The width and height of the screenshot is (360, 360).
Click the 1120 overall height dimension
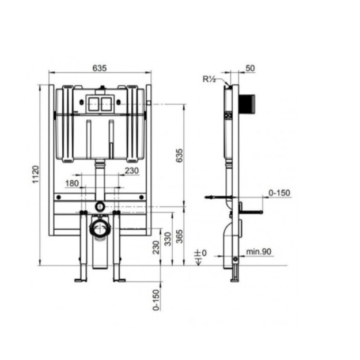36,175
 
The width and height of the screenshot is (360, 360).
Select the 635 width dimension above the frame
100,68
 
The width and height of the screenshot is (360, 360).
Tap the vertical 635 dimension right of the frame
179,156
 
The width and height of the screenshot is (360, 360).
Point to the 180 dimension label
72,183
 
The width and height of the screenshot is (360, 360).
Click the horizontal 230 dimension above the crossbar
132,171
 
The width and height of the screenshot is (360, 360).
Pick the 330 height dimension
168,239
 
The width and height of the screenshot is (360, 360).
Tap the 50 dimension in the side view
250,68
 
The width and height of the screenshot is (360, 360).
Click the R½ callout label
209,79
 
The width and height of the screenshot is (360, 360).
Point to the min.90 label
259,252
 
